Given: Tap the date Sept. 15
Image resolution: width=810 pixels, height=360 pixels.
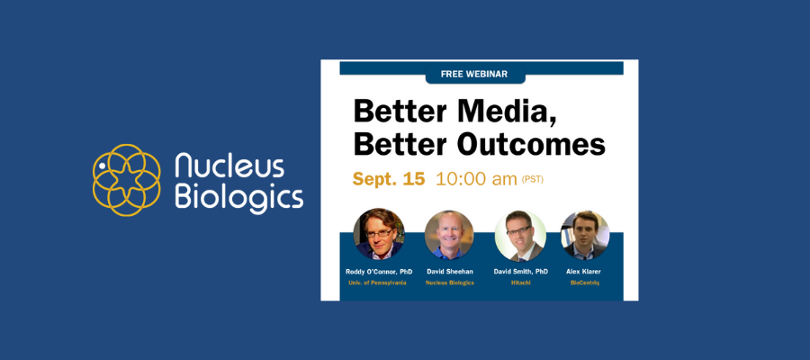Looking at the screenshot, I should [388, 179].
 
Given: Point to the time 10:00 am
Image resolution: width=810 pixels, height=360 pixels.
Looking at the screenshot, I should [476, 179].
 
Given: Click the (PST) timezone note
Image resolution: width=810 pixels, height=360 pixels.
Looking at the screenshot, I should [533, 180].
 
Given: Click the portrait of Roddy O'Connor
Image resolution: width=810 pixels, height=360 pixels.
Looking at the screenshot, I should [380, 235].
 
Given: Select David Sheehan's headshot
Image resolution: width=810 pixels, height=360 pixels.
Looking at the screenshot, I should [449, 235].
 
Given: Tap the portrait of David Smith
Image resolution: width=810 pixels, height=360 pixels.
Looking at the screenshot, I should [520, 235].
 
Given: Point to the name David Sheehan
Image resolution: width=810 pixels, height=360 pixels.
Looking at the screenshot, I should [449, 271].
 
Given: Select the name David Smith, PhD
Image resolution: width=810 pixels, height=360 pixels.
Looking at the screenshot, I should [520, 271].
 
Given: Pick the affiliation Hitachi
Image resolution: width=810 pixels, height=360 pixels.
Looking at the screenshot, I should [520, 283].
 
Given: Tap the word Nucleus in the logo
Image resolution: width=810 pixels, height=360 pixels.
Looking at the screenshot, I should [229, 166].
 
